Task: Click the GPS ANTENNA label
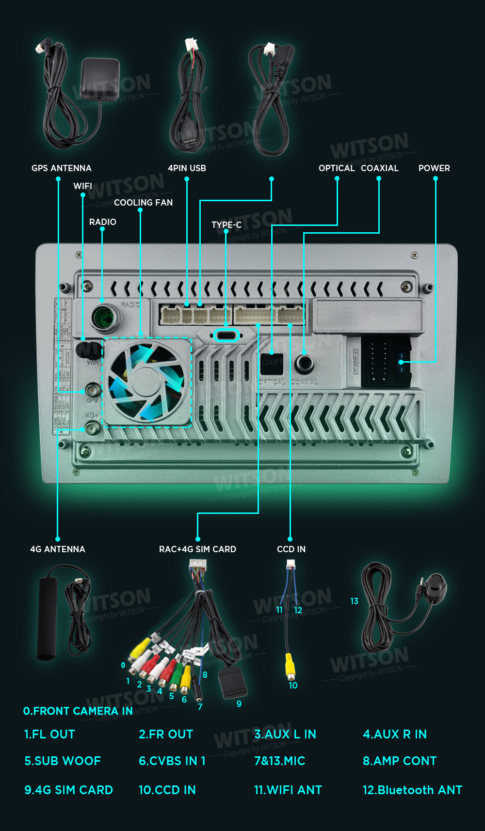[61, 168]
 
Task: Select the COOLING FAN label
[143, 203]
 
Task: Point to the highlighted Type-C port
[226, 336]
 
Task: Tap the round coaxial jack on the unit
[304, 363]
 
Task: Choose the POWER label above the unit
[434, 168]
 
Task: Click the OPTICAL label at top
[337, 168]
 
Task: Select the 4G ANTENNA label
[57, 549]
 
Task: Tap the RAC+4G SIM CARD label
[197, 549]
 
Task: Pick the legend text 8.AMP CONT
[400, 761]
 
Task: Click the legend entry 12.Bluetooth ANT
[412, 790]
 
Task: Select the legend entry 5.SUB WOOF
[63, 761]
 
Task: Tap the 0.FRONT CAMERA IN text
[78, 711]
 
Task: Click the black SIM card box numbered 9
[233, 683]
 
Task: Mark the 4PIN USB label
[187, 168]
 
